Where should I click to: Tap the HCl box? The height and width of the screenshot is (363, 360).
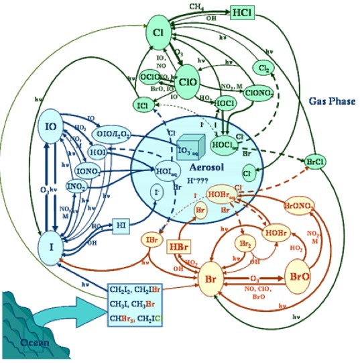(241, 12)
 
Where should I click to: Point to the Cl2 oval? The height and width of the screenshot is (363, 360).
(262, 68)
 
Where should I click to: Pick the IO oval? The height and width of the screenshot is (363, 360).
(50, 127)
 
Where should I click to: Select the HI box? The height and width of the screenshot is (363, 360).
(121, 224)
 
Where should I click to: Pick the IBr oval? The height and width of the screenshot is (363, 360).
(151, 240)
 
